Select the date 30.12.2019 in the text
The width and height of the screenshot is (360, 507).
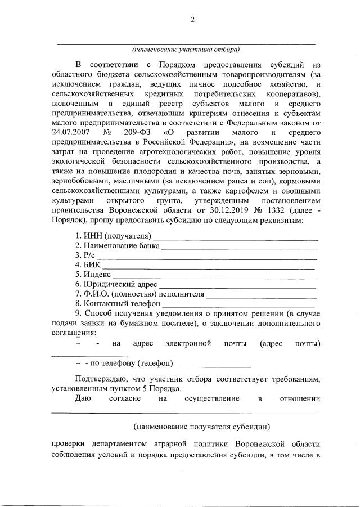point(208,210)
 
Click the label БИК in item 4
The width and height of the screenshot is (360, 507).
point(92,265)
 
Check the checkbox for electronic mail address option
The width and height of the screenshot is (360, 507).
point(78,341)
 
